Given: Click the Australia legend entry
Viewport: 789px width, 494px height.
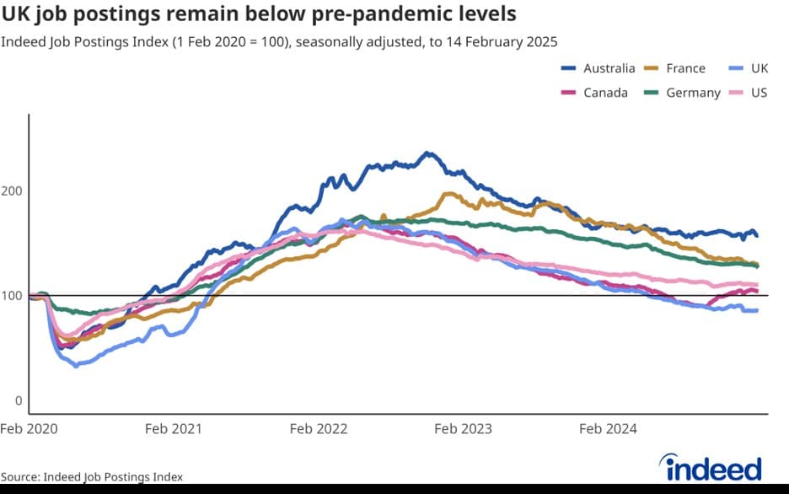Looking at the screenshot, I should click(x=609, y=68).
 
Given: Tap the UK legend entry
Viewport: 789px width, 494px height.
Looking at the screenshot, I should click(x=758, y=68).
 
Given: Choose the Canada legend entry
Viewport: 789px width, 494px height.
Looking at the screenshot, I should click(x=605, y=93).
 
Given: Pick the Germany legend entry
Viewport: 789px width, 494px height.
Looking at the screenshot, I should click(x=693, y=93).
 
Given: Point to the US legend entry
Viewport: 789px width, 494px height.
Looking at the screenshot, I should click(x=759, y=93).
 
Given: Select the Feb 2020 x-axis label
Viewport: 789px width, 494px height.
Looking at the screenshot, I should click(x=29, y=428).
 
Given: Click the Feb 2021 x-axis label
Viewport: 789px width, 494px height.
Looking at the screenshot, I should click(x=173, y=428).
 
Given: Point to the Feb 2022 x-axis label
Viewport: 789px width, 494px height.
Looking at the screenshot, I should click(x=318, y=428).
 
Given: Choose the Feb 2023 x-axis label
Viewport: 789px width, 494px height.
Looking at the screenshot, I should click(x=463, y=428).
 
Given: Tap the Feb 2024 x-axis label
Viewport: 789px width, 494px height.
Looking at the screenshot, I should click(x=608, y=428).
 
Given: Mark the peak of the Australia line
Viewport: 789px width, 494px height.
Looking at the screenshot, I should click(x=427, y=153).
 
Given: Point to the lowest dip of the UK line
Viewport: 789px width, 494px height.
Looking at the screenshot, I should click(x=76, y=366).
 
